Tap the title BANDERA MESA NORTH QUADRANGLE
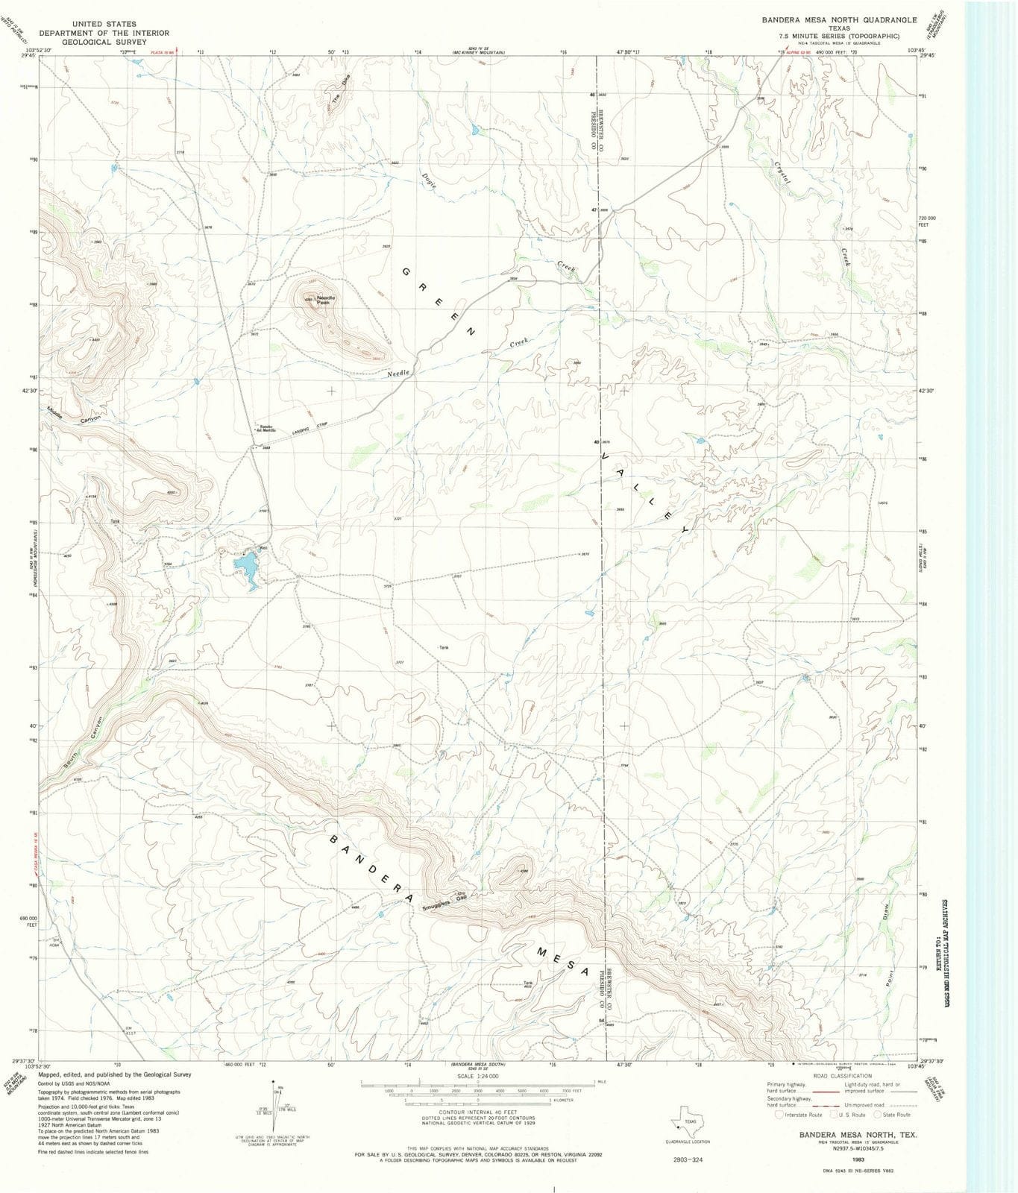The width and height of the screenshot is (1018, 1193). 839,20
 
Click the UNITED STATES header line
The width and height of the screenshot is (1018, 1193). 104,24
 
